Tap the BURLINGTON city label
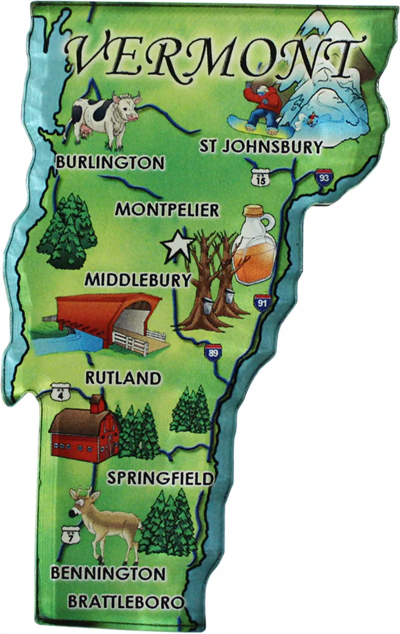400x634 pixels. point(110,163)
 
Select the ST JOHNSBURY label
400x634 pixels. point(261,147)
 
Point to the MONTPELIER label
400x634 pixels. point(167,210)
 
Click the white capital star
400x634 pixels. point(176,247)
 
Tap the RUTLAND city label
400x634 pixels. point(123,378)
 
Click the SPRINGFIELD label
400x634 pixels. point(161,478)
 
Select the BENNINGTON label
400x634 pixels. point(108,573)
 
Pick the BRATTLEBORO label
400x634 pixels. point(126,602)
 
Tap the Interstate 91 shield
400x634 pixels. point(262,302)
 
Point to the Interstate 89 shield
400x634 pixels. point(213,352)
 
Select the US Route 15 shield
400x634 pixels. point(262,178)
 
